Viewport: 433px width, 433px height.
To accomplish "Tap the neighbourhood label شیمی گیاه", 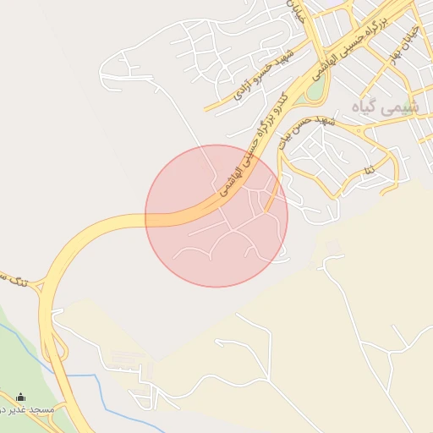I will (x=388, y=107).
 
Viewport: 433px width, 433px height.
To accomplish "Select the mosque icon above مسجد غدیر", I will (x=20, y=397).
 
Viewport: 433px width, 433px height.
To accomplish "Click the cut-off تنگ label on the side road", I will (x=12, y=279).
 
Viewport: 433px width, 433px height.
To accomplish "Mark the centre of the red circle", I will (x=216, y=216).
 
